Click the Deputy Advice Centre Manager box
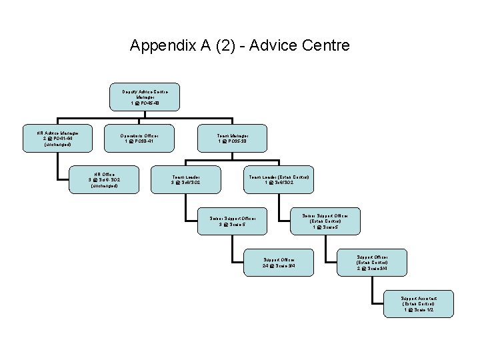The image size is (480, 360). [144, 97]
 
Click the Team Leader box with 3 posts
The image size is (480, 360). [186, 180]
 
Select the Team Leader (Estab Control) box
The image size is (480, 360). [279, 180]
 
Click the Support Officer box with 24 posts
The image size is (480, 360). [278, 263]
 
